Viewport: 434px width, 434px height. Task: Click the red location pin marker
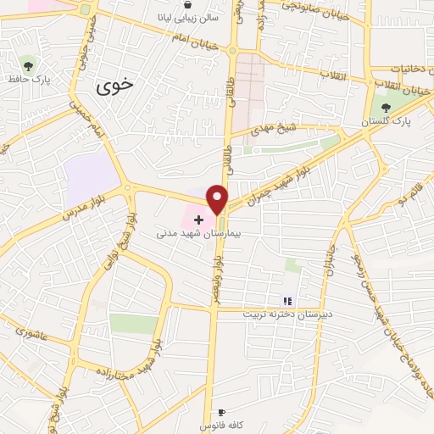pyautogui.click(x=218, y=199)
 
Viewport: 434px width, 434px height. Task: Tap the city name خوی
pyautogui.click(x=114, y=85)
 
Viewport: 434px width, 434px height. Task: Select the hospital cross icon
pyautogui.click(x=199, y=220)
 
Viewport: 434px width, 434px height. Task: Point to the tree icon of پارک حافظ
pyautogui.click(x=29, y=65)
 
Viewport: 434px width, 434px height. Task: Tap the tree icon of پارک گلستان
pyautogui.click(x=387, y=108)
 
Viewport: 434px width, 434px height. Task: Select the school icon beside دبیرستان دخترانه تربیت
pyautogui.click(x=287, y=301)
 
